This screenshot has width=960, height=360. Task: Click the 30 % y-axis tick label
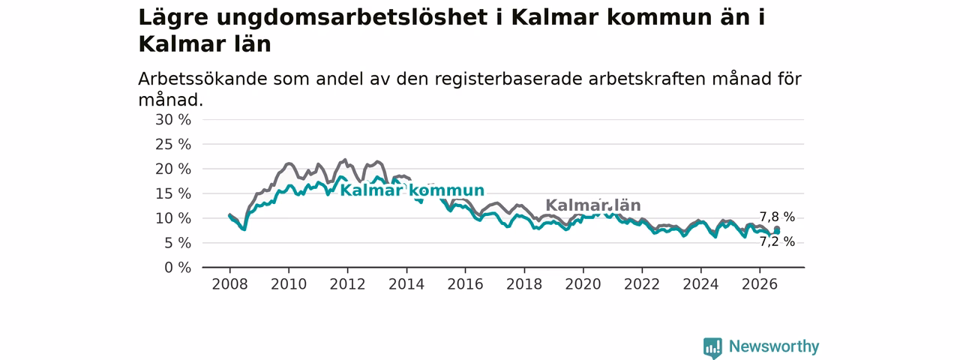173,120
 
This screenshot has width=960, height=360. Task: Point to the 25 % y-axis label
173,145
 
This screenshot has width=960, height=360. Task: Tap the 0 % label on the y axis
178,268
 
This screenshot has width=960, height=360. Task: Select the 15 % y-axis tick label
173,193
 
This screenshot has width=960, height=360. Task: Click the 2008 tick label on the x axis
229,284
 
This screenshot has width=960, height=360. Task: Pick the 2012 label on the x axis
347,284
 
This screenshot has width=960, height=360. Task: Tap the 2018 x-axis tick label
524,284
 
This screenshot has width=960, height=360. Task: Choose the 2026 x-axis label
760,284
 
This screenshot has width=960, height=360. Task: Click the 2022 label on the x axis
642,284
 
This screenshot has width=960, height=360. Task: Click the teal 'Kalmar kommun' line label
412,190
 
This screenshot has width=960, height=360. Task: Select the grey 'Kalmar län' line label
593,205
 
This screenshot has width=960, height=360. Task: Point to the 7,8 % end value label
778,217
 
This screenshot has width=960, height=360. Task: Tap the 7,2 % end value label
778,242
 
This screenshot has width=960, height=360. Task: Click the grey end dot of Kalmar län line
777,229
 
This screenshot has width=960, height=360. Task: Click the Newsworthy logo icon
712,347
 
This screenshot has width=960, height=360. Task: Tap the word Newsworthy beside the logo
774,346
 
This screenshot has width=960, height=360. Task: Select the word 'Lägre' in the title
173,18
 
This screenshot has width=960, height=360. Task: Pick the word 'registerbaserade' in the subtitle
508,79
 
